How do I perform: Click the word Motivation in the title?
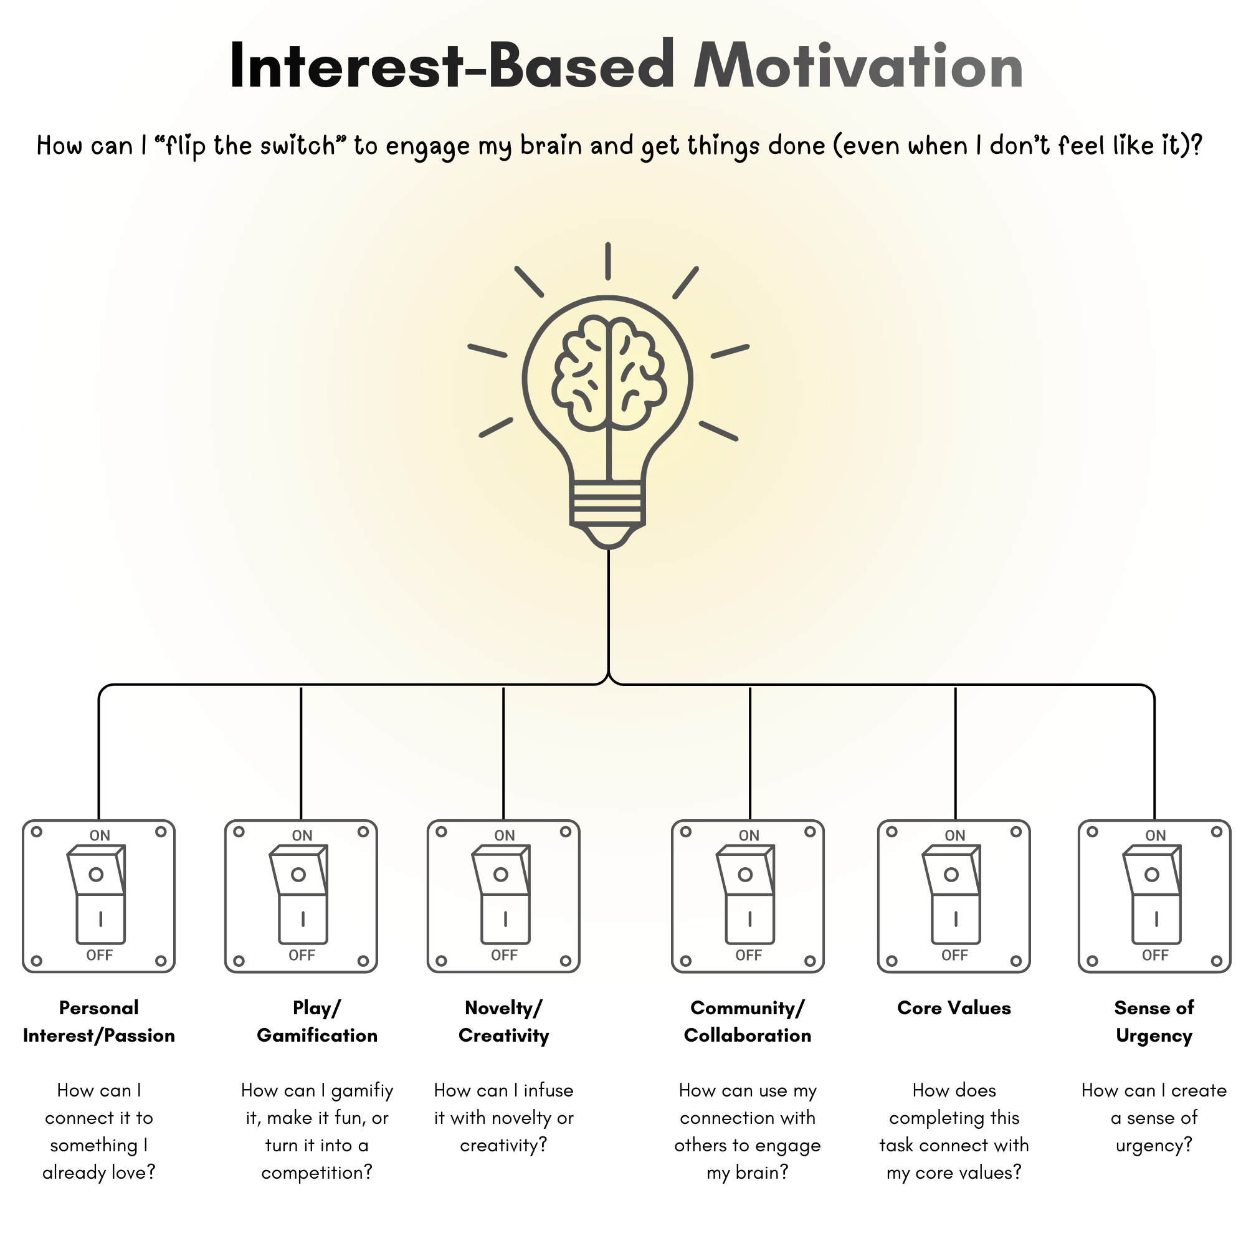pyautogui.click(x=858, y=66)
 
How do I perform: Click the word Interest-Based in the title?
pyautogui.click(x=452, y=66)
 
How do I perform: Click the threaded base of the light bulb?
pyautogui.click(x=607, y=503)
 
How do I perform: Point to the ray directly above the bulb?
pyautogui.click(x=607, y=261)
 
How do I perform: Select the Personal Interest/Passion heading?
pyautogui.click(x=98, y=1021)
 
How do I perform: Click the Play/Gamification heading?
pyautogui.click(x=316, y=1021)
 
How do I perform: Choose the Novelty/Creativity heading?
pyautogui.click(x=503, y=1021)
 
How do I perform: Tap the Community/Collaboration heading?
pyautogui.click(x=748, y=1021)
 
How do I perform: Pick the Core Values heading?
pyautogui.click(x=954, y=1008)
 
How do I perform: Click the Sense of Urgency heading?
pyautogui.click(x=1154, y=1021)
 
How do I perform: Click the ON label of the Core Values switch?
pyautogui.click(x=954, y=836)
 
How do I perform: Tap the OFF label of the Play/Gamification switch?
pyautogui.click(x=302, y=955)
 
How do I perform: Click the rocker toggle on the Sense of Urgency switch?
pyautogui.click(x=1153, y=895)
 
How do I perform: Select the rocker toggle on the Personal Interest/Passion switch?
pyautogui.click(x=97, y=895)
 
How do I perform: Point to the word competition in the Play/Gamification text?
pyautogui.click(x=316, y=1172)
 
